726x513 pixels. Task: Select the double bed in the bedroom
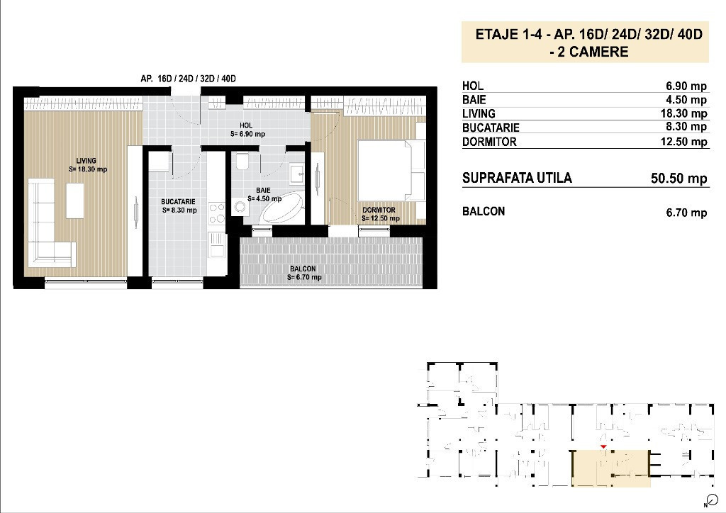391,170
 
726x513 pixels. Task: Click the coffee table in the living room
74,201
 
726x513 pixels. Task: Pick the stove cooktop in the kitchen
217,213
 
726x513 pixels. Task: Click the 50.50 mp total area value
678,179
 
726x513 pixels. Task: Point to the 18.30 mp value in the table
683,113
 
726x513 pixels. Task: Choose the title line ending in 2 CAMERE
584,52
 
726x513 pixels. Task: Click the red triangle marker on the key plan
603,447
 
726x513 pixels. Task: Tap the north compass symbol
712,500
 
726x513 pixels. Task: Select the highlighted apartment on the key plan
611,469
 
